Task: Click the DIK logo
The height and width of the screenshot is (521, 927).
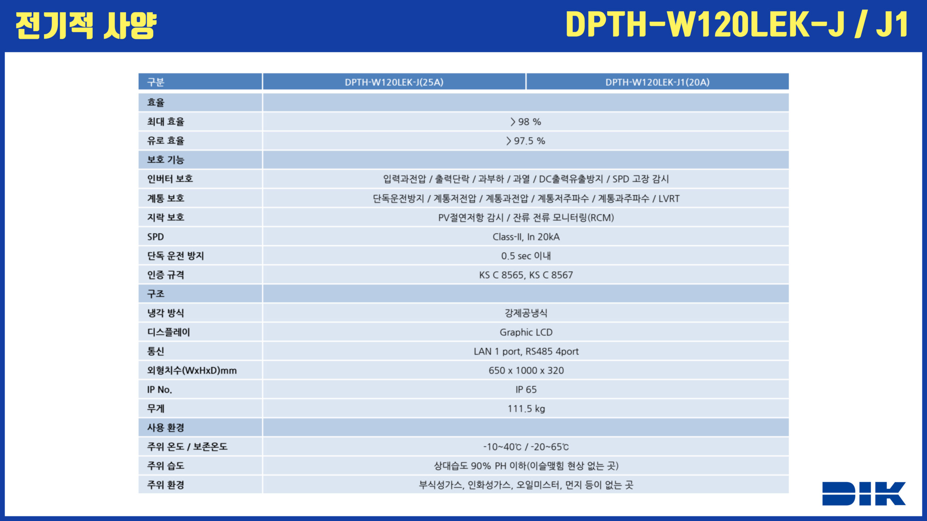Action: [x=864, y=493]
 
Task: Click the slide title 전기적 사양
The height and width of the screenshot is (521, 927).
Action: [x=86, y=25]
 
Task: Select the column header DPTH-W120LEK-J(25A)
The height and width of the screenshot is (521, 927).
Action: [x=394, y=82]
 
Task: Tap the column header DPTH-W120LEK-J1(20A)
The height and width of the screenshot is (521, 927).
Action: [x=657, y=82]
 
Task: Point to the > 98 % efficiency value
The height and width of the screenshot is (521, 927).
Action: [x=526, y=122]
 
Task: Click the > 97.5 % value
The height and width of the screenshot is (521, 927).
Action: [x=526, y=141]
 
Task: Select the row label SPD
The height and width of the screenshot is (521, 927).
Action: [x=155, y=237]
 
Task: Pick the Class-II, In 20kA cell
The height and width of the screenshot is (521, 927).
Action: [x=526, y=237]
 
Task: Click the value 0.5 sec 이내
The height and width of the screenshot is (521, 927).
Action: [x=526, y=256]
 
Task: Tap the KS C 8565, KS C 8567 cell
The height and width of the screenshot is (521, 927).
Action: [x=526, y=275]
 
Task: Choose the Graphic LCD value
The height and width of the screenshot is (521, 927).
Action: [x=526, y=332]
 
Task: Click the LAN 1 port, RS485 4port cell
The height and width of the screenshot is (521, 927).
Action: [x=526, y=351]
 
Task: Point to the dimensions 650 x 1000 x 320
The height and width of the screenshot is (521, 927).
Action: [x=526, y=370]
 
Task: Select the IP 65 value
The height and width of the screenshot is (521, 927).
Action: [x=526, y=390]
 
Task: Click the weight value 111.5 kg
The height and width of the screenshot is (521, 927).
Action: [x=526, y=409]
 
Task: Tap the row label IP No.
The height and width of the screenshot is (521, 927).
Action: [x=159, y=390]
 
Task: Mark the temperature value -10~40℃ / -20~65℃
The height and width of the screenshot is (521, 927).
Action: [x=526, y=447]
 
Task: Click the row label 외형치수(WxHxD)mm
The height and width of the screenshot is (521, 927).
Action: [x=192, y=370]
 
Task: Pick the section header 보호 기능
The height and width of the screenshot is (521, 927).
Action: [x=165, y=160]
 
